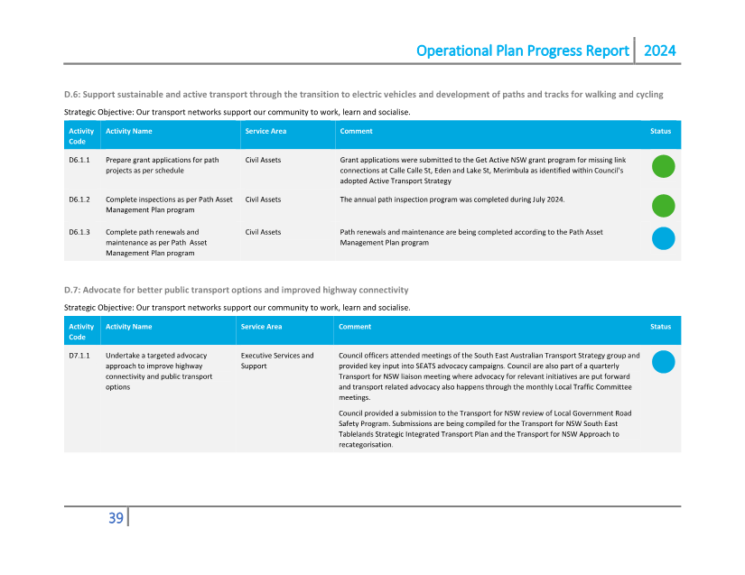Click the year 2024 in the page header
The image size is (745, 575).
[x=659, y=51]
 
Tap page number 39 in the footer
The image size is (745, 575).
[x=116, y=517]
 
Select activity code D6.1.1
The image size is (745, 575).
[x=79, y=160]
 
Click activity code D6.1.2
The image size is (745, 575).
[x=79, y=199]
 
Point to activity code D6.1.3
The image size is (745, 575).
[x=79, y=232]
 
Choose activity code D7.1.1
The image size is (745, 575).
[x=79, y=356]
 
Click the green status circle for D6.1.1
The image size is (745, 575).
[x=664, y=166]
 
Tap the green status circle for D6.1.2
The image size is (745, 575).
[x=664, y=206]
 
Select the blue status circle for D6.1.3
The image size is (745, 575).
[x=664, y=238]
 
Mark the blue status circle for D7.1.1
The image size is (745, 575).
[x=664, y=362]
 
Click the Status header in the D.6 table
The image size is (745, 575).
[x=660, y=131]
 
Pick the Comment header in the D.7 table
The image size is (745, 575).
[x=355, y=327]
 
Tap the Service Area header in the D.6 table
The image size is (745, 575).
[x=265, y=131]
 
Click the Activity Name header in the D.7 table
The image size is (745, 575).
[x=129, y=327]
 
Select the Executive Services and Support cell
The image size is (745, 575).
[x=277, y=361]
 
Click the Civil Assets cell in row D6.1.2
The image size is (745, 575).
[x=263, y=199]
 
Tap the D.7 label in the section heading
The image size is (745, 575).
[x=72, y=290]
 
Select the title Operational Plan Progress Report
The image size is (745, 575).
[x=523, y=51]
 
